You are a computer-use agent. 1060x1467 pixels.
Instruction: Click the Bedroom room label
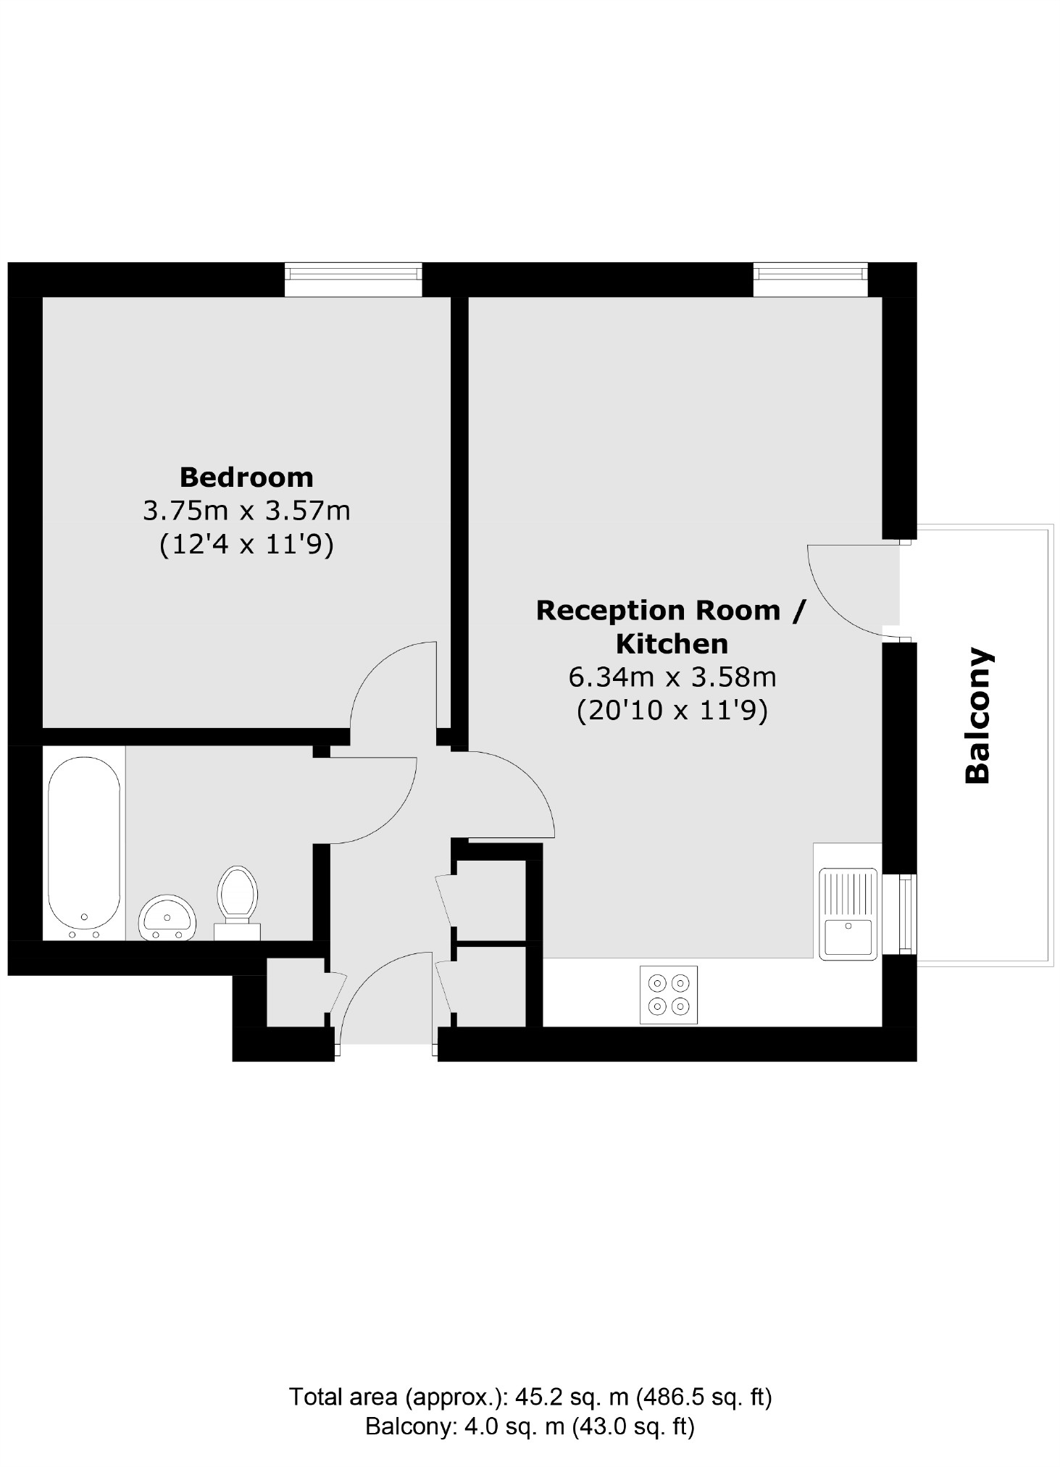point(246,477)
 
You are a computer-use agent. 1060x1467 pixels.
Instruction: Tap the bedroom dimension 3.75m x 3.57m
point(246,511)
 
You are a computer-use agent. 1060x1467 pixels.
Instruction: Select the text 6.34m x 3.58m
point(672,677)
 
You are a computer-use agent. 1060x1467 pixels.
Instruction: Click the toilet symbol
point(238,899)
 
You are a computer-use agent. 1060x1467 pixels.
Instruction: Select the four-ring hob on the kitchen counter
point(668,995)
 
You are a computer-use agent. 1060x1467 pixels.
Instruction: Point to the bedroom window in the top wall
point(353,279)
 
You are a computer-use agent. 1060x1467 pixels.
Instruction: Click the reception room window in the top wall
point(810,279)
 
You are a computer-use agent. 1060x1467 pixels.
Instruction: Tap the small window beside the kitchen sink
point(907,914)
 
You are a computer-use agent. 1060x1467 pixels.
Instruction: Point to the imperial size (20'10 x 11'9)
point(672,711)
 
